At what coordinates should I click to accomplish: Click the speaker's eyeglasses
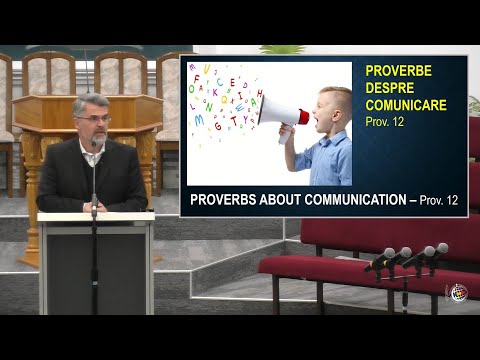click(93, 118)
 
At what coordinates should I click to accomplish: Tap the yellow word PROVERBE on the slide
click(398, 71)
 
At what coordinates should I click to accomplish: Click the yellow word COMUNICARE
click(406, 104)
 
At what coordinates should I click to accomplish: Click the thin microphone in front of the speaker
click(94, 185)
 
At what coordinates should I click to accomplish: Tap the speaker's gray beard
click(93, 136)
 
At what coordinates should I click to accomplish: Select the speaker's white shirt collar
click(93, 152)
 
